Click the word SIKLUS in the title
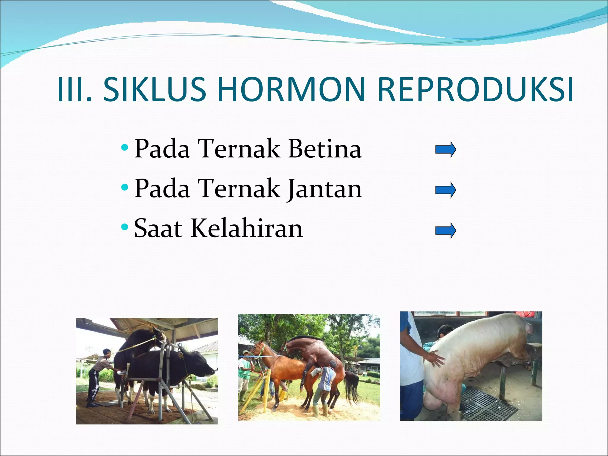click(154, 89)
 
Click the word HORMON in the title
click(291, 89)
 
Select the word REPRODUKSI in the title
click(475, 89)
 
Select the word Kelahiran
click(246, 229)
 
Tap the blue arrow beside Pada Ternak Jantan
click(445, 190)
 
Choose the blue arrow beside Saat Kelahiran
click(445, 231)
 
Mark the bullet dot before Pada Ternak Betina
click(125, 147)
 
